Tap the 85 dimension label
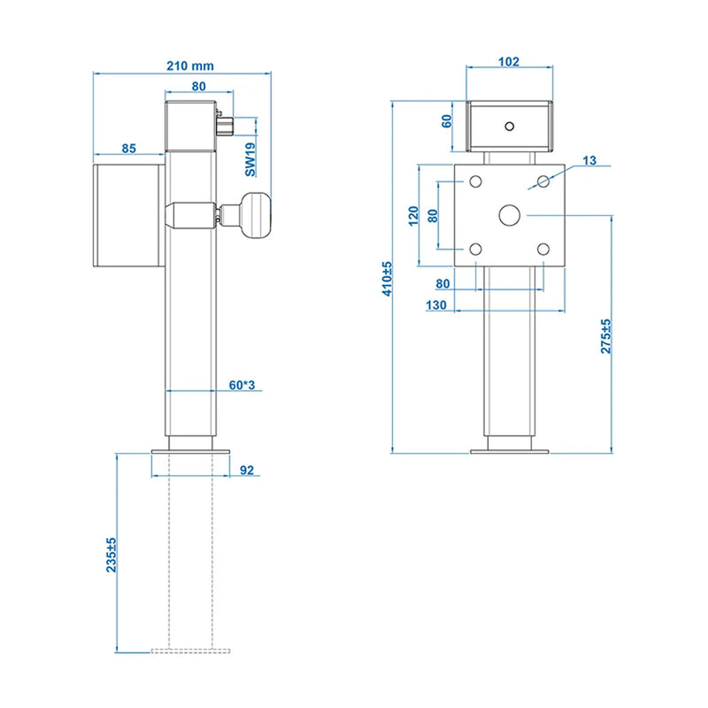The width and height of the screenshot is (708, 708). coord(129,149)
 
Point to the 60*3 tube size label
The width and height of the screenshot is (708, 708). coord(242,385)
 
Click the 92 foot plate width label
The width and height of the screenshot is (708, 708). coord(247,470)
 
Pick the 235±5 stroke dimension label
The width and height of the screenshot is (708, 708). coord(112,555)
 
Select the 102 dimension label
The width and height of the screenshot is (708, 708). coord(509,62)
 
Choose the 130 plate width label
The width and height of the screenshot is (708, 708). coord(437,304)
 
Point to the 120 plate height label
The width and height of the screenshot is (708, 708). coord(412,216)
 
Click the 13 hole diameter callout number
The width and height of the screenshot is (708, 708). coord(590,160)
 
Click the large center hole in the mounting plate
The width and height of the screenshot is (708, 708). coord(510,215)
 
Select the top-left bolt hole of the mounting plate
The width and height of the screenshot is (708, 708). coord(476,181)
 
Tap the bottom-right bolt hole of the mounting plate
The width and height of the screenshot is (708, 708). coord(543,250)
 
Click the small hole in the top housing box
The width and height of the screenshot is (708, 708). coord(510,125)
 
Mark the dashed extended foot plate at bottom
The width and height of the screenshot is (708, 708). coord(190,650)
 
